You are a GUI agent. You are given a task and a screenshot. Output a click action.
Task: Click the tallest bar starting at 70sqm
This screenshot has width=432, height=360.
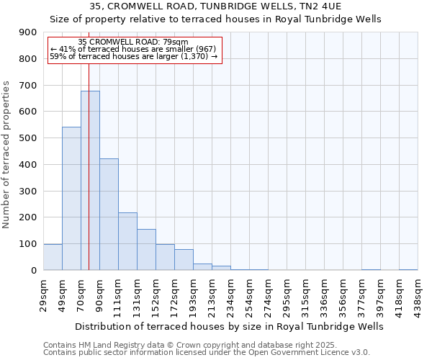point(90,180)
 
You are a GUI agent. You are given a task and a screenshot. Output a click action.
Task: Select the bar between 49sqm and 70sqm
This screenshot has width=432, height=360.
point(71,198)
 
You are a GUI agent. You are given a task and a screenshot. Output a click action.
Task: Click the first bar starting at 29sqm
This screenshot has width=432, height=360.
point(53,257)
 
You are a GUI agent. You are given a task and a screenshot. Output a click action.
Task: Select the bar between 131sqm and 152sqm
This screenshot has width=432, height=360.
point(146,249)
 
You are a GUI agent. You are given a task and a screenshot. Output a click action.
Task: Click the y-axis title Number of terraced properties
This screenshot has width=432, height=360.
point(7,155)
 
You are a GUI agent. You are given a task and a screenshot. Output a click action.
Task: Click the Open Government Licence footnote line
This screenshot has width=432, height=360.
point(206,353)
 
